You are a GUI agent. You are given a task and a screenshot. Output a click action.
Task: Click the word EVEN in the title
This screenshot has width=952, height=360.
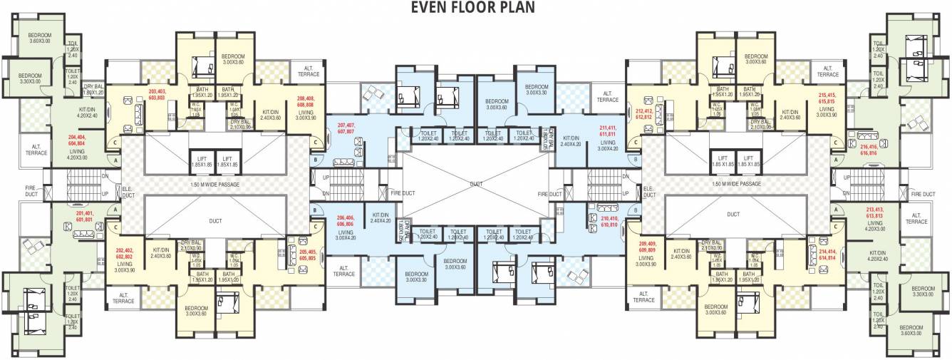pyautogui.click(x=429, y=8)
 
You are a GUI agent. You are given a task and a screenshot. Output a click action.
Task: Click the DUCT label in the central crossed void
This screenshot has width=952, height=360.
pyautogui.click(x=476, y=184)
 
